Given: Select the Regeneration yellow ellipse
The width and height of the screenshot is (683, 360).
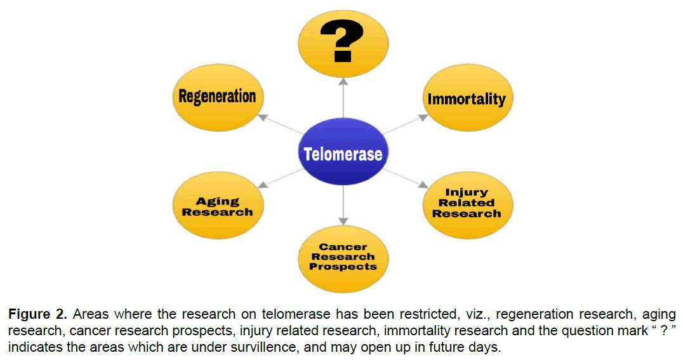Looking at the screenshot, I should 217,97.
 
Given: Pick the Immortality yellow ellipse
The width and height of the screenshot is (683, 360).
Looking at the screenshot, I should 467,99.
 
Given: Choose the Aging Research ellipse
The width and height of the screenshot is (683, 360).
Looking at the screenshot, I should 217,206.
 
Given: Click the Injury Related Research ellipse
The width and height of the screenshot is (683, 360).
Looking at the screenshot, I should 467,203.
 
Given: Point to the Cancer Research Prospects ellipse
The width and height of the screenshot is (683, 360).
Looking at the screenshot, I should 343,257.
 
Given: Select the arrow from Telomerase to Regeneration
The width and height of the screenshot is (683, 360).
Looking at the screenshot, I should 279,124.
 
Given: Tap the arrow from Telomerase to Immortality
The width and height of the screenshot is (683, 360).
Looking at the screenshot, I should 406,124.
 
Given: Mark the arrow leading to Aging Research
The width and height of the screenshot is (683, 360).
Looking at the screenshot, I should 279,179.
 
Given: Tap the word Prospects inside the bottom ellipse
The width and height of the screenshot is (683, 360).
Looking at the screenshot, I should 343,267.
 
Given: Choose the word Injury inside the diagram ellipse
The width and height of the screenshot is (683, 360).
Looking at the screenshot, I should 467,192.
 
